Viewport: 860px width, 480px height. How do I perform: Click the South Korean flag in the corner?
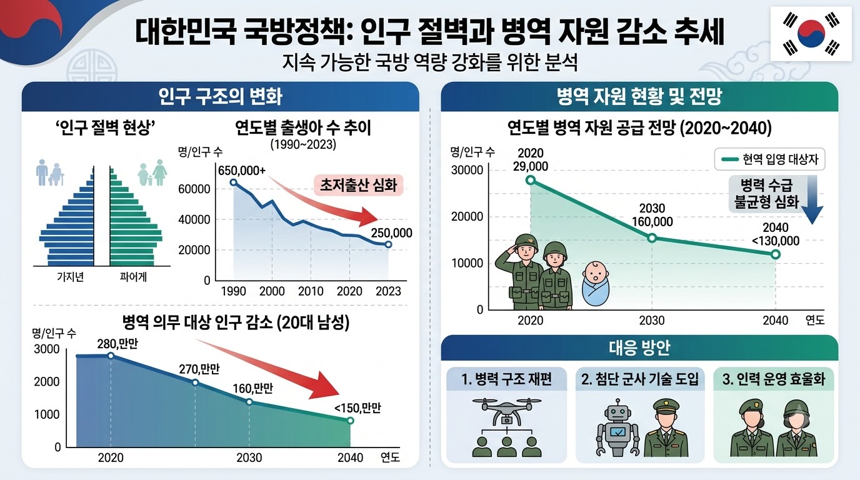(x=811, y=33)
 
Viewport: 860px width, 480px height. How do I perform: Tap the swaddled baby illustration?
(x=595, y=284)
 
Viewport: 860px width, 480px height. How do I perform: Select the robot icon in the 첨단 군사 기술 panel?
(x=617, y=427)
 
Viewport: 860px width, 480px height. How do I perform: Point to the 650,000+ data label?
(x=242, y=170)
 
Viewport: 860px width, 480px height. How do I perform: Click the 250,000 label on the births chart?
(x=392, y=232)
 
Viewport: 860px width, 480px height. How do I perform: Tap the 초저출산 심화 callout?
(x=359, y=185)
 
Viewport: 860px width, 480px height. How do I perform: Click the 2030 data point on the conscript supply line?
(x=652, y=238)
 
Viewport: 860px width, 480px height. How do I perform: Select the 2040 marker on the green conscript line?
(x=776, y=254)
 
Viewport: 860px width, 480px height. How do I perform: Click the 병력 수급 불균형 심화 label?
(x=766, y=194)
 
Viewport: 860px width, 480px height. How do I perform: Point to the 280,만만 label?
(x=117, y=344)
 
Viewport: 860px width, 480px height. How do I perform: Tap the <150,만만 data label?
(x=358, y=407)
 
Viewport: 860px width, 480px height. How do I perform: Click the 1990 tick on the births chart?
(x=233, y=291)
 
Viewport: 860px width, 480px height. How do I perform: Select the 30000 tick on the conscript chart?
(x=467, y=170)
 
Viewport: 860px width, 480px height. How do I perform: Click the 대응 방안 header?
(x=639, y=347)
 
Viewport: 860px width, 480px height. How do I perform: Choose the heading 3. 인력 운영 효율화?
(x=774, y=379)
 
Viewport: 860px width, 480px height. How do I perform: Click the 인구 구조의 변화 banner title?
(x=221, y=96)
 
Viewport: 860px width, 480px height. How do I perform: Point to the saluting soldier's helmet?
(x=526, y=241)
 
